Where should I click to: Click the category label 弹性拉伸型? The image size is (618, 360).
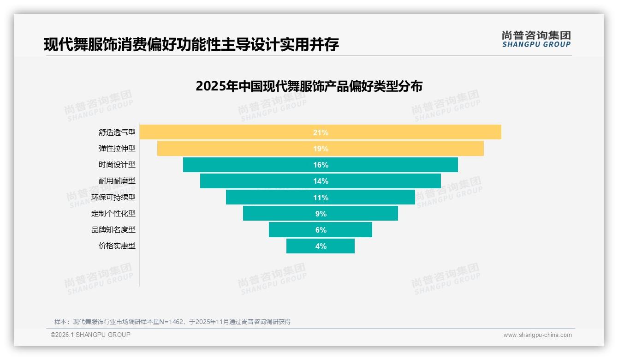[117, 149]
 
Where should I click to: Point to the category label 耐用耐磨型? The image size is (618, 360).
[117, 181]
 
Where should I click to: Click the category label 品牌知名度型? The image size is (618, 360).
[113, 229]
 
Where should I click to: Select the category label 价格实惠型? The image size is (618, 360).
[117, 246]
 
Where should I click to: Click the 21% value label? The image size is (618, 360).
[321, 132]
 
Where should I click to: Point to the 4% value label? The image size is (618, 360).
[321, 246]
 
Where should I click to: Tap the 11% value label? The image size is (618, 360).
[321, 198]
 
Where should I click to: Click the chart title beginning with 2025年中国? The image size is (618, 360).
[309, 86]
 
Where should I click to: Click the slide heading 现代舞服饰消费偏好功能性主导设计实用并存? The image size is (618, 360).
[191, 45]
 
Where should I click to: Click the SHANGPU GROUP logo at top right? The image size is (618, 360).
[536, 39]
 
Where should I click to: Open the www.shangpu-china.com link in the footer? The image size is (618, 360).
[537, 335]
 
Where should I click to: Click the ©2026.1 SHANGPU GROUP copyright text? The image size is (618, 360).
[90, 335]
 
